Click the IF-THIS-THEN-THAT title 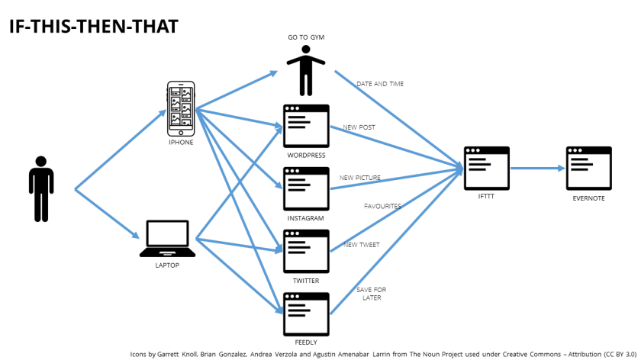93,27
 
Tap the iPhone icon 181,104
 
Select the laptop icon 167,238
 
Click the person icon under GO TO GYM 305,72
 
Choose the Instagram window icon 306,188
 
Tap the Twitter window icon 306,251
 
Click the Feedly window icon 306,313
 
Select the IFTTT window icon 487,168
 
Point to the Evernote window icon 588,168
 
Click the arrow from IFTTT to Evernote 537,168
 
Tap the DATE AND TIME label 380,84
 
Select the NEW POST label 359,127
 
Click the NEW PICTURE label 360,178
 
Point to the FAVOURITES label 382,206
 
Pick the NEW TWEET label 361,245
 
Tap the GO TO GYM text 305,38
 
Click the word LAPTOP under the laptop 167,265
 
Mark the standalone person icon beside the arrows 41,189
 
